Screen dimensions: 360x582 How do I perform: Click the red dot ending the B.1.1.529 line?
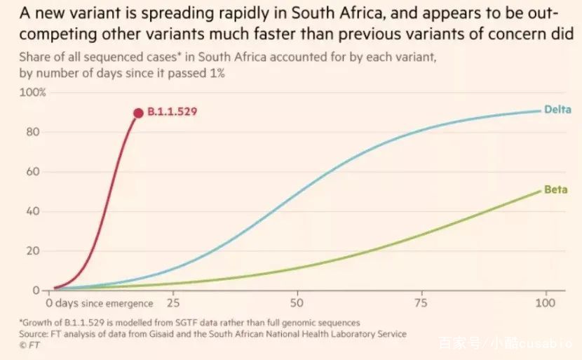pos(138,113)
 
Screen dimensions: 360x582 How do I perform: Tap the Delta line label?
pos(558,109)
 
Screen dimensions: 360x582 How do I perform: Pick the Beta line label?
pos(555,190)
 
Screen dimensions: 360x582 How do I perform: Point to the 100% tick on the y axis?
pos(33,93)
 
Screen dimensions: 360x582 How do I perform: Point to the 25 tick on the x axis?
pos(173,303)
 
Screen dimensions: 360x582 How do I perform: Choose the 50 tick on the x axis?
pos(297,303)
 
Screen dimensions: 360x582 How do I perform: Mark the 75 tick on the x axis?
pos(421,303)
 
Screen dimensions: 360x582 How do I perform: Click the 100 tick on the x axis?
pos(544,303)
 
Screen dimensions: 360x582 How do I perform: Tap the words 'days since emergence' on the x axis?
pos(104,303)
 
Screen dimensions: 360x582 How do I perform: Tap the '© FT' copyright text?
pos(30,345)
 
